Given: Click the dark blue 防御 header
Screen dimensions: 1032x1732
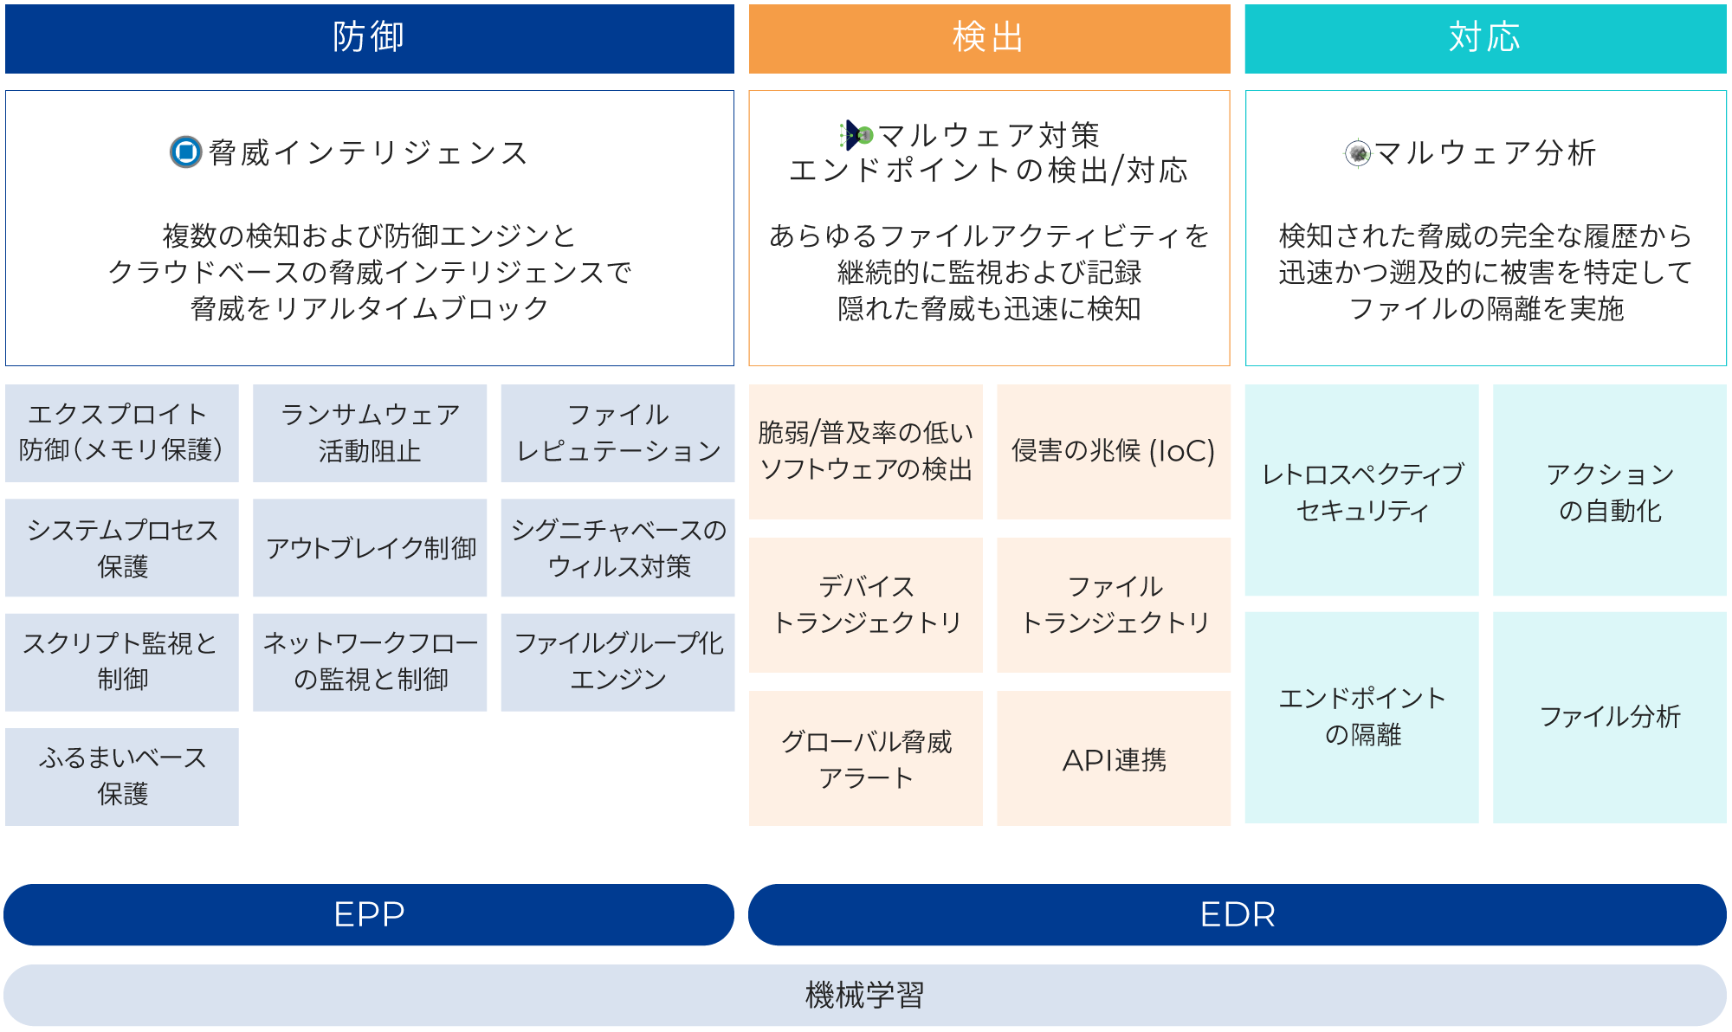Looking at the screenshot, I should pyautogui.click(x=369, y=38).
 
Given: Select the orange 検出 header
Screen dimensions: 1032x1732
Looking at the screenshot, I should pyautogui.click(x=989, y=38).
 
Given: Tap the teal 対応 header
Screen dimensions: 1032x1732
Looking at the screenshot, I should pyautogui.click(x=1485, y=38).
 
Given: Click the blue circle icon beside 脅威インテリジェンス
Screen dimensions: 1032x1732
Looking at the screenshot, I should pyautogui.click(x=185, y=152).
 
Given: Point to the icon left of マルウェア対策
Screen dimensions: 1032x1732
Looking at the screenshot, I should pyautogui.click(x=856, y=135).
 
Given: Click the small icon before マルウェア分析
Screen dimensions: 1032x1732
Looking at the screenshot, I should pyautogui.click(x=1358, y=153).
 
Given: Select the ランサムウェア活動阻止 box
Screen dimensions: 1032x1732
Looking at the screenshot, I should pyautogui.click(x=370, y=433).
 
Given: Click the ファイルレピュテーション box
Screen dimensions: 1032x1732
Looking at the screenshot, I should pyautogui.click(x=617, y=433).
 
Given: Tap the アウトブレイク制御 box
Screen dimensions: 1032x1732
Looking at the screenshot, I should pyautogui.click(x=370, y=547).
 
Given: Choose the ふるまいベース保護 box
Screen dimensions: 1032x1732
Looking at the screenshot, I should pyautogui.click(x=122, y=777).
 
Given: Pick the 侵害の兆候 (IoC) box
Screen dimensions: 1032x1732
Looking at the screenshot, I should pyautogui.click(x=1113, y=451).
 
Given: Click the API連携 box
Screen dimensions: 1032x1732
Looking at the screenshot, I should pyautogui.click(x=1113, y=758).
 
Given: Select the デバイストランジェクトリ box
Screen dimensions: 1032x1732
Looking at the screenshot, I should pyautogui.click(x=866, y=604).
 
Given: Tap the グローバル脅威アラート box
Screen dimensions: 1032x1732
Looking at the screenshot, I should pyautogui.click(x=866, y=758).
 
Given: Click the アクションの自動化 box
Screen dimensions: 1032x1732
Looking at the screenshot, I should pyautogui.click(x=1609, y=490).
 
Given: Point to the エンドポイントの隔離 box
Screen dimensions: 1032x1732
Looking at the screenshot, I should pyautogui.click(x=1361, y=717).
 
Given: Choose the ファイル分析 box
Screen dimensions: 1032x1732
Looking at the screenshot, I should pyautogui.click(x=1609, y=717).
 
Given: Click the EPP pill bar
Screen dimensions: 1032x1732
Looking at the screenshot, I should pyautogui.click(x=369, y=914).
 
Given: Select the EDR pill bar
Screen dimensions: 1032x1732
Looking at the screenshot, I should pyautogui.click(x=1237, y=914).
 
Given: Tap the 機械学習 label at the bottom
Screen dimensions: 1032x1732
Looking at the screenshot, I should pyautogui.click(x=864, y=995).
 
